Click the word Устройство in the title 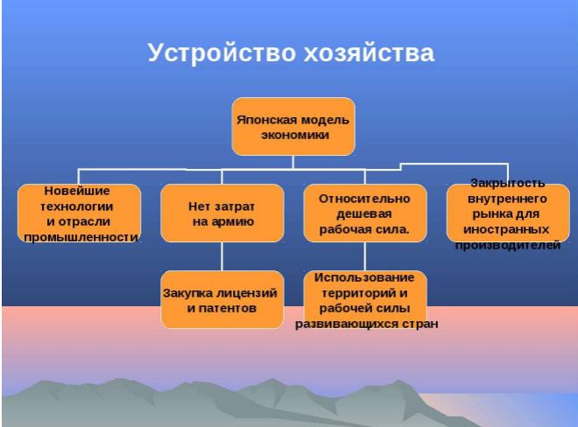(x=222, y=53)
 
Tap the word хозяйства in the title (x=369, y=53)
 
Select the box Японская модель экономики (x=293, y=126)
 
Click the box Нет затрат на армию (x=222, y=213)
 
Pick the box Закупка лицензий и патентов (x=222, y=299)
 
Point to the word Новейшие (x=77, y=191)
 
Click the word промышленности (x=81, y=237)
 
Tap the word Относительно (x=364, y=199)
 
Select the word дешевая (x=364, y=214)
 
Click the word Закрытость (x=508, y=183)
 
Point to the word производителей (x=508, y=245)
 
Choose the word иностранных (x=506, y=229)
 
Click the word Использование (x=364, y=277)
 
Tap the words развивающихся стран (x=367, y=324)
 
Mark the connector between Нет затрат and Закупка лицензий (x=222, y=256)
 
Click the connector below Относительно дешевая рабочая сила (x=365, y=256)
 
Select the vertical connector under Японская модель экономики (x=293, y=162)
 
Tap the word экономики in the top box (x=295, y=136)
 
